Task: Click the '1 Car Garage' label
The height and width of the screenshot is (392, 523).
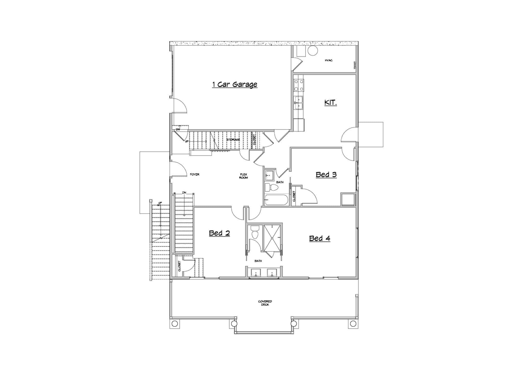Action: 235,84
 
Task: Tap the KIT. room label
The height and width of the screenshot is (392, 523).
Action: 330,103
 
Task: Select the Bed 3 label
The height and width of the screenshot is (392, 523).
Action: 326,175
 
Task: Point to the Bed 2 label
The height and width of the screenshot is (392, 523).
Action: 219,233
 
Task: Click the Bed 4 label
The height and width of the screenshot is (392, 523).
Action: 320,238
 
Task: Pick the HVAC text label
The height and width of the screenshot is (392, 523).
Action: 329,60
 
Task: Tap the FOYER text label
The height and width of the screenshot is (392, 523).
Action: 195,175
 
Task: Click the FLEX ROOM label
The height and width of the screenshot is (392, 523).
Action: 244,176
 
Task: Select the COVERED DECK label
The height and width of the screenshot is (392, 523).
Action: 265,303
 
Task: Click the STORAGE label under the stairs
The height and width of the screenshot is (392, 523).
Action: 233,140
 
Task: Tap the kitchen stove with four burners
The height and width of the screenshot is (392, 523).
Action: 299,85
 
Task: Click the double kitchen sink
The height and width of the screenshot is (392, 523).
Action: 299,103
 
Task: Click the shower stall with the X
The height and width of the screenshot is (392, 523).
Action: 272,238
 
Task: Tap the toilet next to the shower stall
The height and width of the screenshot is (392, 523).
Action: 255,232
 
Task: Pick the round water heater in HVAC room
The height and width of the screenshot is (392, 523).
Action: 313,51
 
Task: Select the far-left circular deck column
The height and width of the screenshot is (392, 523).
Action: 175,324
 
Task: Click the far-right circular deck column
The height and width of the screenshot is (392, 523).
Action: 353,324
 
